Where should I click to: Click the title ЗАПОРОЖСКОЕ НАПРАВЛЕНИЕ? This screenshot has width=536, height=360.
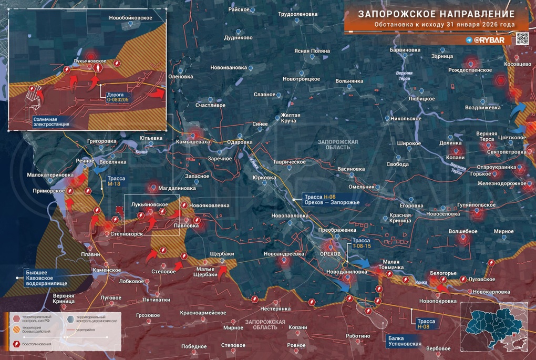436,14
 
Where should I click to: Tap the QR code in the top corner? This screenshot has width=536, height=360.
521,39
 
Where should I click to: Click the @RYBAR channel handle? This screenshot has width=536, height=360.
490,40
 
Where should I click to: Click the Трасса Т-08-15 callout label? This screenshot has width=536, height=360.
362,243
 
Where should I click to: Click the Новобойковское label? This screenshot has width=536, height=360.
130,18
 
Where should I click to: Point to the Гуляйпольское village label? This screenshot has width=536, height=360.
477,204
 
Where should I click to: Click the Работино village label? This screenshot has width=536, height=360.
362,336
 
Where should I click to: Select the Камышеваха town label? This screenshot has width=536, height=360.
193,141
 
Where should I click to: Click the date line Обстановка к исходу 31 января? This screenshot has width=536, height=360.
444,25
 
